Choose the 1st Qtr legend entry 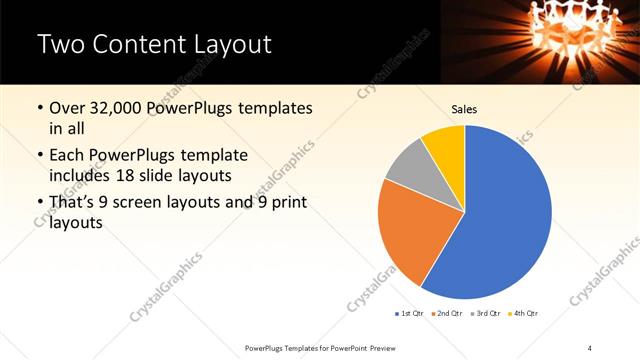pos(412,313)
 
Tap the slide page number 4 pos(591,347)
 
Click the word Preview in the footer pos(376,347)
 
